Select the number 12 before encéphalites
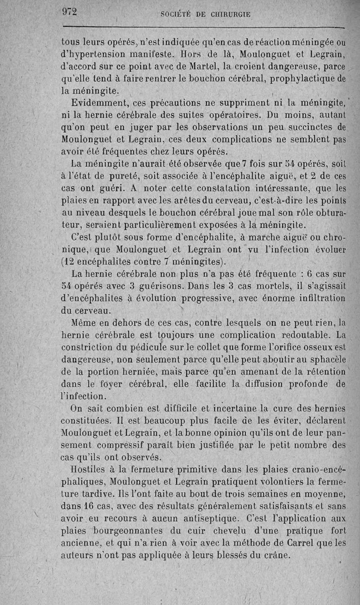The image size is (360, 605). [x=69, y=261]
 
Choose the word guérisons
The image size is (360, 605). [x=157, y=285]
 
